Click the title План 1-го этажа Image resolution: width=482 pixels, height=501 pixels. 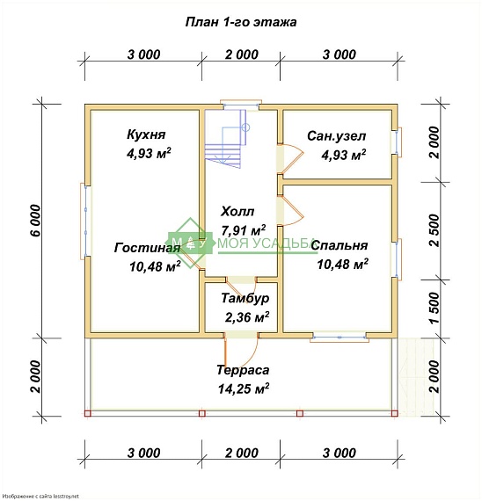pyautogui.click(x=241, y=22)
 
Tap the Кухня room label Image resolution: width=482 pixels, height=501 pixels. pyautogui.click(x=146, y=134)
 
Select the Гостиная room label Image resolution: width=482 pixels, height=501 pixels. pyautogui.click(x=148, y=248)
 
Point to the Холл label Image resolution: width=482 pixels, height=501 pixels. pyautogui.click(x=237, y=211)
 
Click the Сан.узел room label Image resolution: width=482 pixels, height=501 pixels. pyautogui.click(x=337, y=136)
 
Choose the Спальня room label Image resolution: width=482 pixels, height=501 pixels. pyautogui.click(x=340, y=245)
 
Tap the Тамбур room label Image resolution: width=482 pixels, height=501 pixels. pyautogui.click(x=245, y=298)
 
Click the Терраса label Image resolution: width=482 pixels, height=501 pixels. pyautogui.click(x=243, y=370)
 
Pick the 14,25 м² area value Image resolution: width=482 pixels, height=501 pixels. pyautogui.click(x=244, y=388)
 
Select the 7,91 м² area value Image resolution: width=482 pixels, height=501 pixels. pyautogui.click(x=244, y=229)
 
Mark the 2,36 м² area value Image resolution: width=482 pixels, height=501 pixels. pyautogui.click(x=247, y=317)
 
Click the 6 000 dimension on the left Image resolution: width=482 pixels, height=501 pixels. pyautogui.click(x=36, y=221)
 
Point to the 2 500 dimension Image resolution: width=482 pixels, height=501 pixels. pyautogui.click(x=435, y=230)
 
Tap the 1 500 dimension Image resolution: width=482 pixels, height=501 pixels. pyautogui.click(x=435, y=308)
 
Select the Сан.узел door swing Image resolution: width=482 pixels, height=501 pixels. pyautogui.click(x=290, y=159)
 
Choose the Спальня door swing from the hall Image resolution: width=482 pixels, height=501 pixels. pyautogui.click(x=290, y=211)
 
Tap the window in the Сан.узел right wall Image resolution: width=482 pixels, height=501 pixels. pyautogui.click(x=398, y=142)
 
